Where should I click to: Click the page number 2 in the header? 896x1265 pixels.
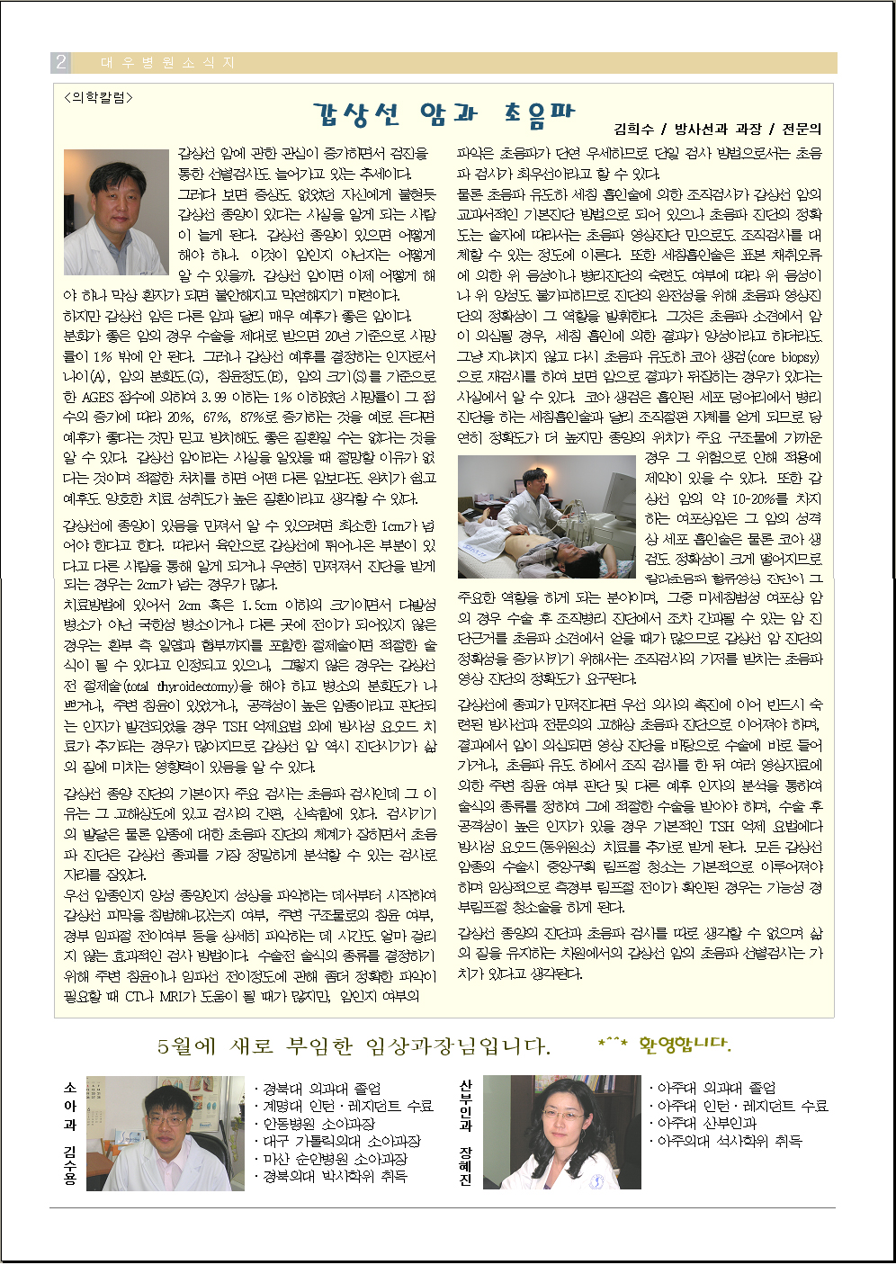pyautogui.click(x=61, y=62)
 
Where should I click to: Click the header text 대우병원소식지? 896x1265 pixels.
pyautogui.click(x=167, y=63)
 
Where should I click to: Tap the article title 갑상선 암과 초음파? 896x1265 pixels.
pyautogui.click(x=443, y=114)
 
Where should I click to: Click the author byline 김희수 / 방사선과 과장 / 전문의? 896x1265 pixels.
pyautogui.click(x=717, y=130)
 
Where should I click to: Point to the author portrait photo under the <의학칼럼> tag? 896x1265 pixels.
pyautogui.click(x=116, y=212)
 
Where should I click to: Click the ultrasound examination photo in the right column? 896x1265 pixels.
pyautogui.click(x=547, y=516)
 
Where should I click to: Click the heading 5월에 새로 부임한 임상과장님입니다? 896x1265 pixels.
pyautogui.click(x=354, y=1046)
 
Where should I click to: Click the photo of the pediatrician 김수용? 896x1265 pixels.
pyautogui.click(x=165, y=1133)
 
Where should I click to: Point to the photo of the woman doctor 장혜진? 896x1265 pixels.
pyautogui.click(x=561, y=1133)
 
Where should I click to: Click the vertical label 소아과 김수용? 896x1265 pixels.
pyautogui.click(x=70, y=1133)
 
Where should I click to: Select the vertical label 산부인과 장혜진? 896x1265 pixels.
pyautogui.click(x=465, y=1133)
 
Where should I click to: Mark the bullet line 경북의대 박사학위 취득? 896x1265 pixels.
pyautogui.click(x=331, y=1176)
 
